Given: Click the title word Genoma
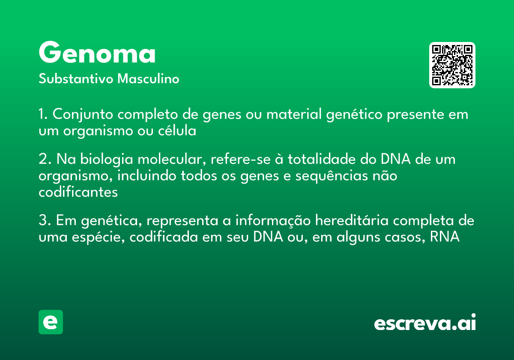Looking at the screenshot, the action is point(97,52).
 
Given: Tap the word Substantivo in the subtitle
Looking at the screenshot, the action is point(76,78).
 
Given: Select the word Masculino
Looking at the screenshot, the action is point(148,78).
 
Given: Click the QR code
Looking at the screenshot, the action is point(452,65).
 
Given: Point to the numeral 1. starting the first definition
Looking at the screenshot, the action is point(43,114).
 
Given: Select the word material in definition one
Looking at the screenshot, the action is point(294,114).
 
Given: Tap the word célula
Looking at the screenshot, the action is point(177,130).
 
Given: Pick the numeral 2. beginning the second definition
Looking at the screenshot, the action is point(45,159).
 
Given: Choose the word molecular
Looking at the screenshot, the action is point(171,159).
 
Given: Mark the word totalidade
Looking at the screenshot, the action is point(322,159).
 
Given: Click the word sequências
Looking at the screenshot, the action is point(332,176).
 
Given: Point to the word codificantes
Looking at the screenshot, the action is point(78,192).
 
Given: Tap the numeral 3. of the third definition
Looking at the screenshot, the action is point(45,220).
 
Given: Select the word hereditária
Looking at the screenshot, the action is point(352,220).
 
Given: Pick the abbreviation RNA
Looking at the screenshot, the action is point(445,237).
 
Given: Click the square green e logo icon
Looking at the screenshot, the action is point(51,322).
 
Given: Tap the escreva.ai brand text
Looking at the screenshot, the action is point(425,322).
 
